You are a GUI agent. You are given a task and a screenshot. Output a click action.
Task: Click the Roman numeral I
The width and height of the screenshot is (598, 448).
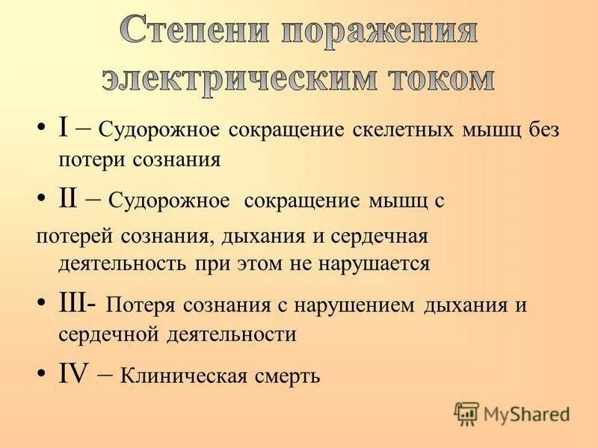click(x=64, y=126)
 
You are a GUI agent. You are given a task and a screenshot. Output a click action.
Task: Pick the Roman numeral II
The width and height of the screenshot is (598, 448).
click(x=70, y=198)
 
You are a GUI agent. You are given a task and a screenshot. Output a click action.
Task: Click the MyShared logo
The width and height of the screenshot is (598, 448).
click(x=511, y=413)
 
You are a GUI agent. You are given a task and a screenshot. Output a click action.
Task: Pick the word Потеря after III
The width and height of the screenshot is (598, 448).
click(x=140, y=305)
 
